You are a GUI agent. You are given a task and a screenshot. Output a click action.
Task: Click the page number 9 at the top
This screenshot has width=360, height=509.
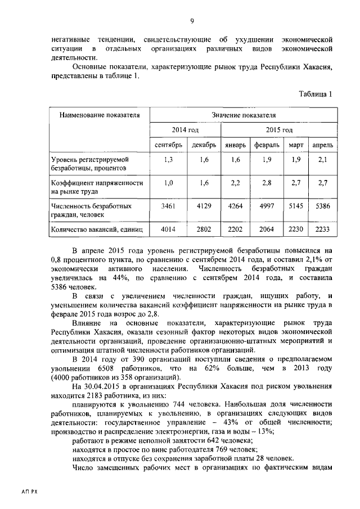click(192, 21)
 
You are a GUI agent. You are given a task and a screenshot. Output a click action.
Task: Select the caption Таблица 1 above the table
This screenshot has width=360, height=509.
click(316, 94)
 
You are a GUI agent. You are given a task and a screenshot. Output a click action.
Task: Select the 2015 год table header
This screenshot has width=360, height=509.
click(280, 130)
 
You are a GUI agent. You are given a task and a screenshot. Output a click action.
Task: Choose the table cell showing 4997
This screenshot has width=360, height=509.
click(267, 206)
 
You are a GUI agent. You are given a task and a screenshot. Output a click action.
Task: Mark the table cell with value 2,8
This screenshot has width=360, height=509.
click(267, 183)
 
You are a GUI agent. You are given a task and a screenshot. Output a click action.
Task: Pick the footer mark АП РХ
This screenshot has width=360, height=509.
click(29, 491)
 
